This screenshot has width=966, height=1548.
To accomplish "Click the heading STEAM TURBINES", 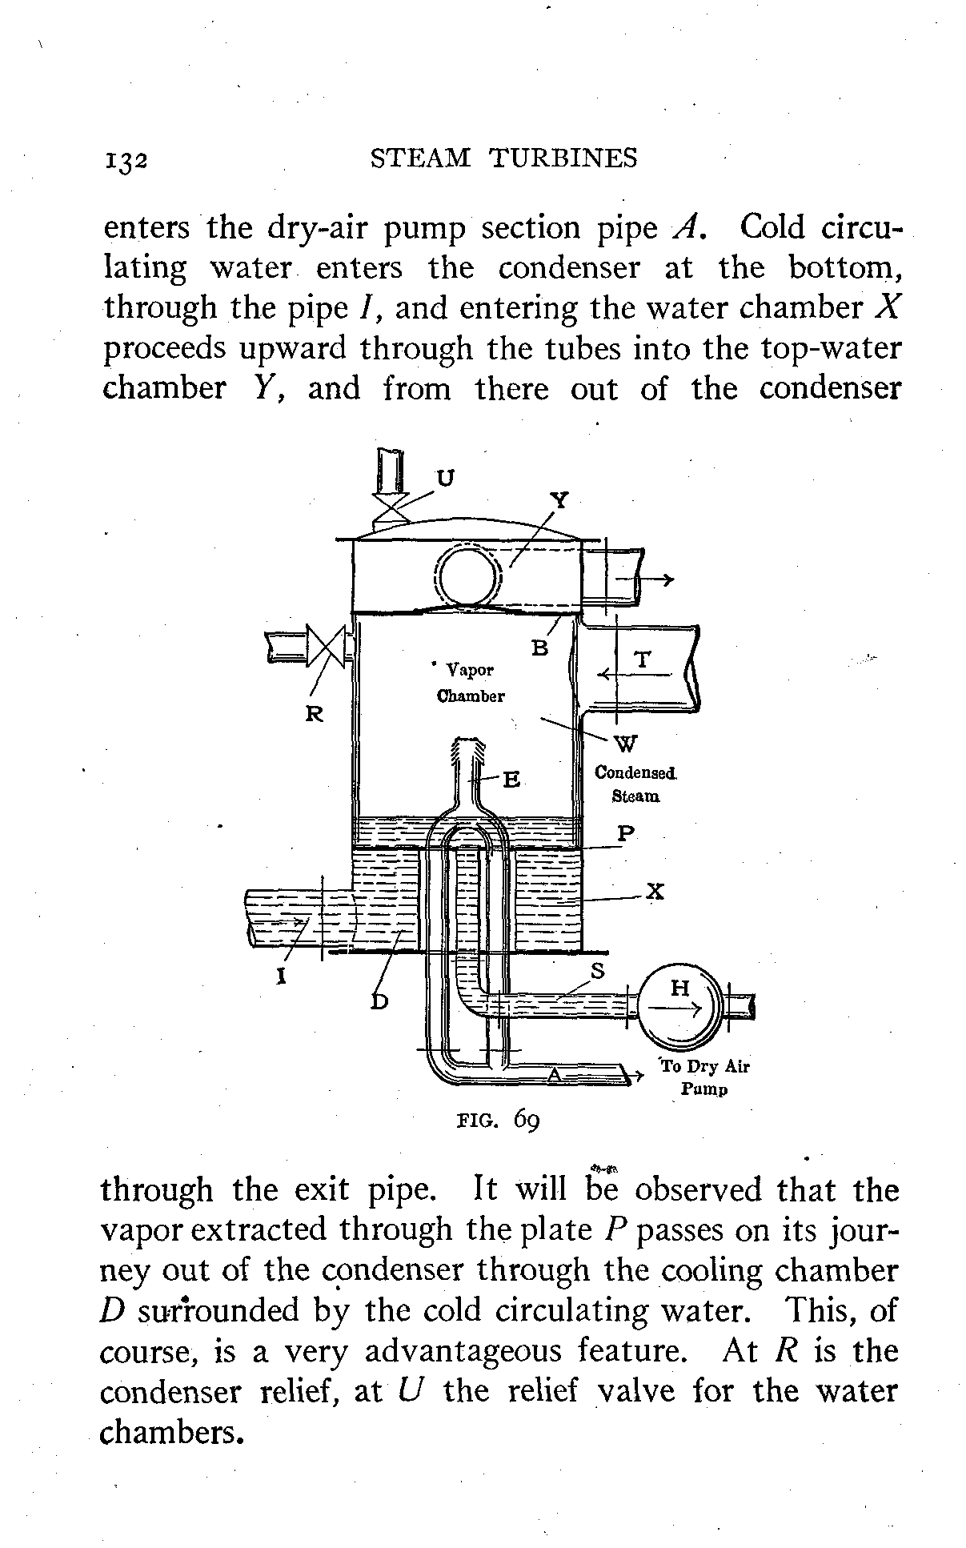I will click(504, 158).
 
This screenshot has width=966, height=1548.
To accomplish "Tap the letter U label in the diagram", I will click(445, 477).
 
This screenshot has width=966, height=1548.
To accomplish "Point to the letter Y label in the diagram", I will click(560, 500).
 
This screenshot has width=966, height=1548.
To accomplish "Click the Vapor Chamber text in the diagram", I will click(471, 682).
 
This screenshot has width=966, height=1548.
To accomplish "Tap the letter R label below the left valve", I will click(315, 714).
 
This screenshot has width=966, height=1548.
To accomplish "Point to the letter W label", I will click(627, 744).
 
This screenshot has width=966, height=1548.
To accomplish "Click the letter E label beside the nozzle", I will click(511, 779).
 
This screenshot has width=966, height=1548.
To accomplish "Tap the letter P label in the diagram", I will click(626, 834).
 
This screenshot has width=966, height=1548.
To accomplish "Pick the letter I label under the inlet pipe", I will click(282, 977).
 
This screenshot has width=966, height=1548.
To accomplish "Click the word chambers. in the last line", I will click(170, 1432).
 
